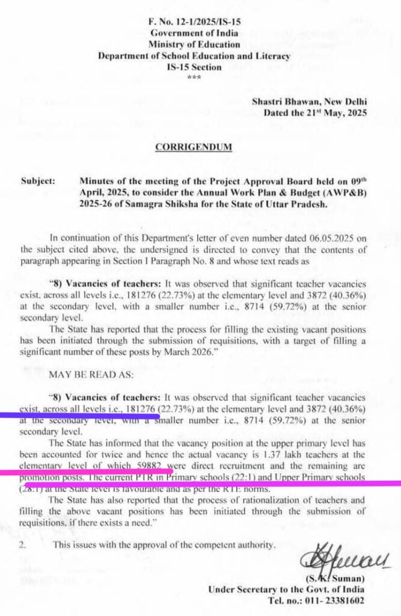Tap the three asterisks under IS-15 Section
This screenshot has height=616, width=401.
(194, 78)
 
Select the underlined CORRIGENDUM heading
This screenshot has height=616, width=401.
(194, 147)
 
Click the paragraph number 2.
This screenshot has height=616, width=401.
(23, 546)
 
